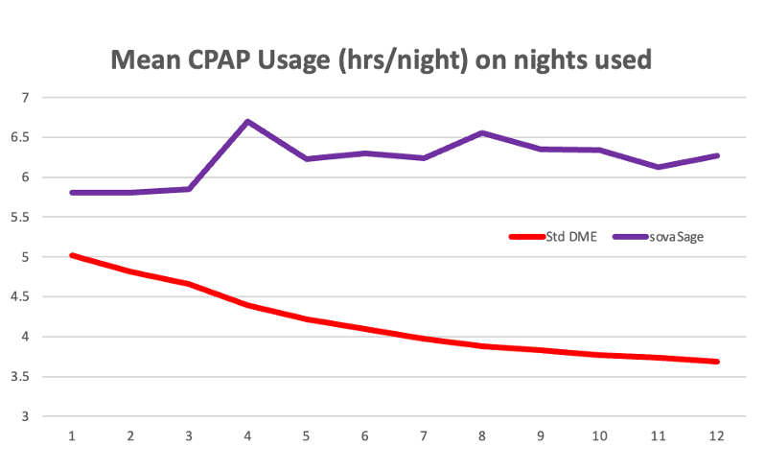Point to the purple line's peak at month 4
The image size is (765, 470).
[x=247, y=122]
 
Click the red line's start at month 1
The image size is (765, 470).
[x=72, y=255]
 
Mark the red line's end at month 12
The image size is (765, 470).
[x=717, y=362]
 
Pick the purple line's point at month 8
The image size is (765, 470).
[x=482, y=132]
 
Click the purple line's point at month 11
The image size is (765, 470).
[x=659, y=167]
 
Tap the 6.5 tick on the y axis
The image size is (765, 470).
[x=22, y=137]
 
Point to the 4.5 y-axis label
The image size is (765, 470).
[x=22, y=297]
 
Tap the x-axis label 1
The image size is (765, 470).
[x=72, y=436]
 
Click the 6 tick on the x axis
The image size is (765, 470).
[x=365, y=436]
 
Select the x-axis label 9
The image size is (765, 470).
[x=541, y=436]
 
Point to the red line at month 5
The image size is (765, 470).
[x=307, y=319]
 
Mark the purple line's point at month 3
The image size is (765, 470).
[x=189, y=189]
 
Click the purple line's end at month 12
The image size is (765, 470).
[x=717, y=155]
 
